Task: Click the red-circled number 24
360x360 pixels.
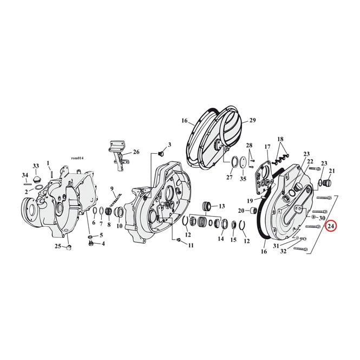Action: [x=331, y=226]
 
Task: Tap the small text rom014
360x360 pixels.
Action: [x=77, y=158]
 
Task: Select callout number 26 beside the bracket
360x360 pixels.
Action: [x=136, y=152]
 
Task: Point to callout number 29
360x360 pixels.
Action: [x=252, y=120]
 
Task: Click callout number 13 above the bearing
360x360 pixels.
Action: [x=221, y=206]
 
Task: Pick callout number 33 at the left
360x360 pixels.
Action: [x=36, y=166]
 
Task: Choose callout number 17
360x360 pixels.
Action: [x=267, y=147]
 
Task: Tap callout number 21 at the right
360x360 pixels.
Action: [x=332, y=171]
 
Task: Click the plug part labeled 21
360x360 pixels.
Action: [x=326, y=183]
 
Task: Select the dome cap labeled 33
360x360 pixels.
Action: [x=36, y=179]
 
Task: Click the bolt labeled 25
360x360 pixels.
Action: [x=69, y=247]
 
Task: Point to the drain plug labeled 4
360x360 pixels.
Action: [x=91, y=243]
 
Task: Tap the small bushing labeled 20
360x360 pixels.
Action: [x=254, y=210]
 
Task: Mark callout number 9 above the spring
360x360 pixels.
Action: [x=112, y=189]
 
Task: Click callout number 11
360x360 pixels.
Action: [x=191, y=245]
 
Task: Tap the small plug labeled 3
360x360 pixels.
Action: [x=160, y=154]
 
